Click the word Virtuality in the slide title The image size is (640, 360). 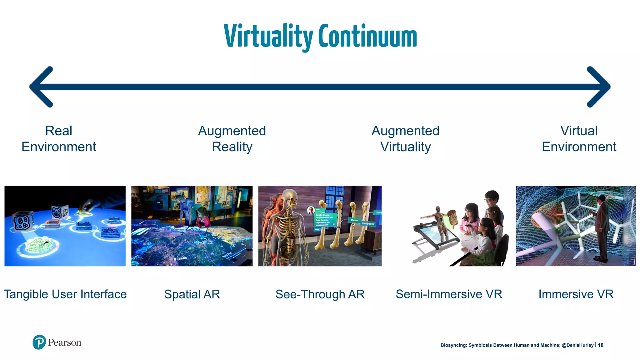(x=268, y=37)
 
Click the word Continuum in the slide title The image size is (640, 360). (x=367, y=37)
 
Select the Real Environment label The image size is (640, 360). (x=59, y=139)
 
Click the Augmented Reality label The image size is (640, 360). (x=232, y=139)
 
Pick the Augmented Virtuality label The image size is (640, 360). (x=405, y=139)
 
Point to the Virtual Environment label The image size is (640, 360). (x=579, y=139)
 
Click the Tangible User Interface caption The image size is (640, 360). (x=65, y=294)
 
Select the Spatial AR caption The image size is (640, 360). (x=192, y=294)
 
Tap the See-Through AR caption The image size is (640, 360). (x=320, y=294)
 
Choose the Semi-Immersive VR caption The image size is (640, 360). (x=449, y=294)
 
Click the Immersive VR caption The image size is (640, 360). (x=576, y=294)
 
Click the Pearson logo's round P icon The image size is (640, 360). (x=39, y=342)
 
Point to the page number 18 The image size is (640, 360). (x=600, y=345)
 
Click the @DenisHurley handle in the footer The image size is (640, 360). (x=577, y=345)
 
